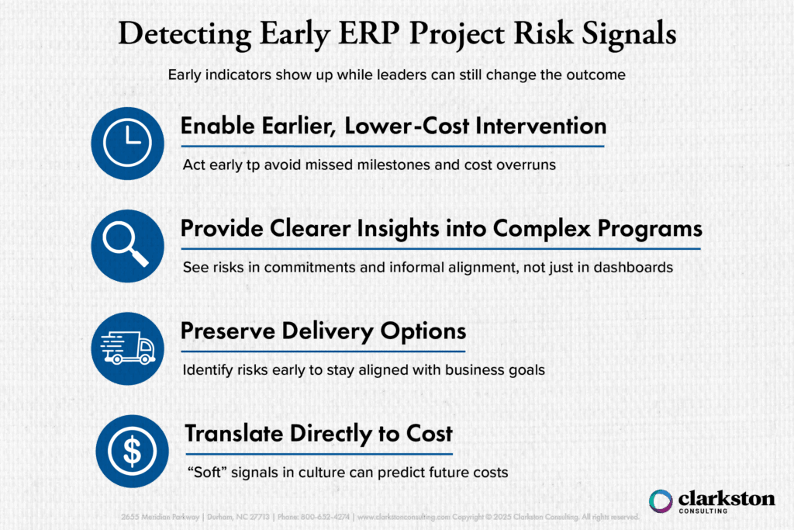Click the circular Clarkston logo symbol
[661, 501]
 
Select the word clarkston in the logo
[726, 497]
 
